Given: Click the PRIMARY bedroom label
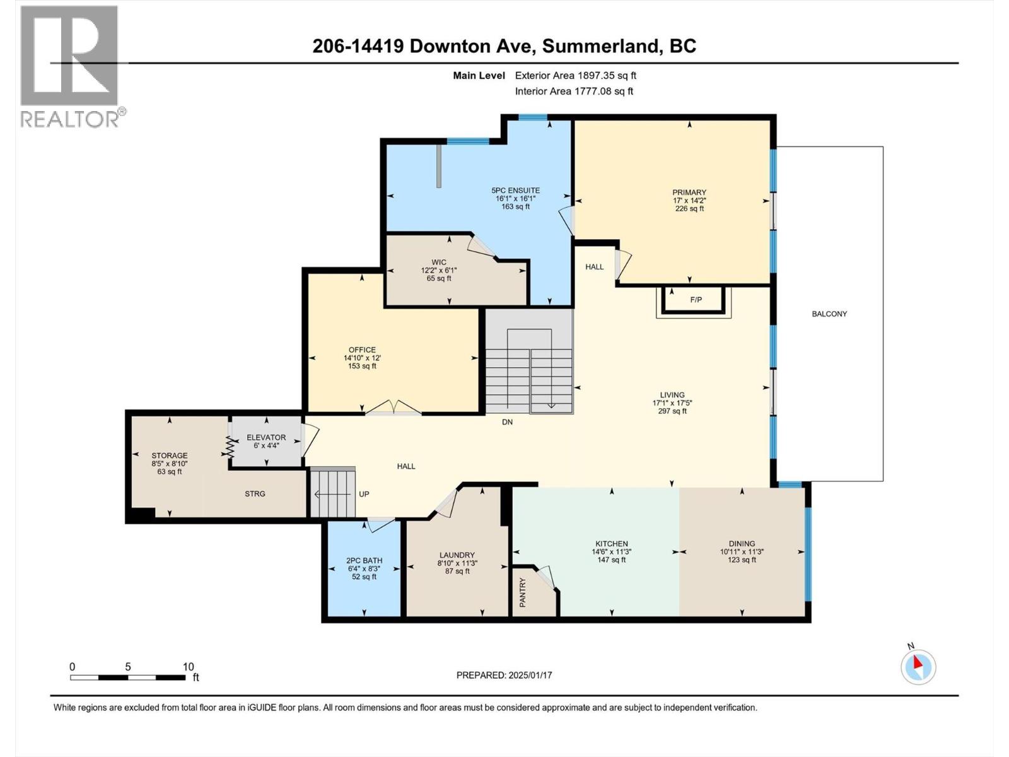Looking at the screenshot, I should click(x=689, y=192).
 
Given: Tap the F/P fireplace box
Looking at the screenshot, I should click(x=696, y=300).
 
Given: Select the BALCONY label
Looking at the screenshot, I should click(x=829, y=314).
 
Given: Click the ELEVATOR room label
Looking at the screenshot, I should click(x=266, y=437).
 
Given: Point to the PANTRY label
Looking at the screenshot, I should click(x=522, y=592).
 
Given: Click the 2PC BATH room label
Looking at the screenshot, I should click(x=364, y=560).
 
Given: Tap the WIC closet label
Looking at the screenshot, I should click(x=439, y=262).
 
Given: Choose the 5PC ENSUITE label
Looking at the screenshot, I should click(x=515, y=191).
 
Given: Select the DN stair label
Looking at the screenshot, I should click(x=507, y=422).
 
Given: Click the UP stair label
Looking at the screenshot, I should click(x=364, y=494).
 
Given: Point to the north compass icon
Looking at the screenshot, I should click(x=918, y=666).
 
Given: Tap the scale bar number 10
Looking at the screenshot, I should click(x=188, y=667).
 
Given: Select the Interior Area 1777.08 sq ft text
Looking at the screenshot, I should click(x=573, y=91).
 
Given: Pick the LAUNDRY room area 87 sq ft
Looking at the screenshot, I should click(x=457, y=571).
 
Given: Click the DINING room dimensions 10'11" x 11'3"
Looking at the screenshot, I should click(x=742, y=551).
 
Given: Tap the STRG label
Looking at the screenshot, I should click(x=255, y=494).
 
